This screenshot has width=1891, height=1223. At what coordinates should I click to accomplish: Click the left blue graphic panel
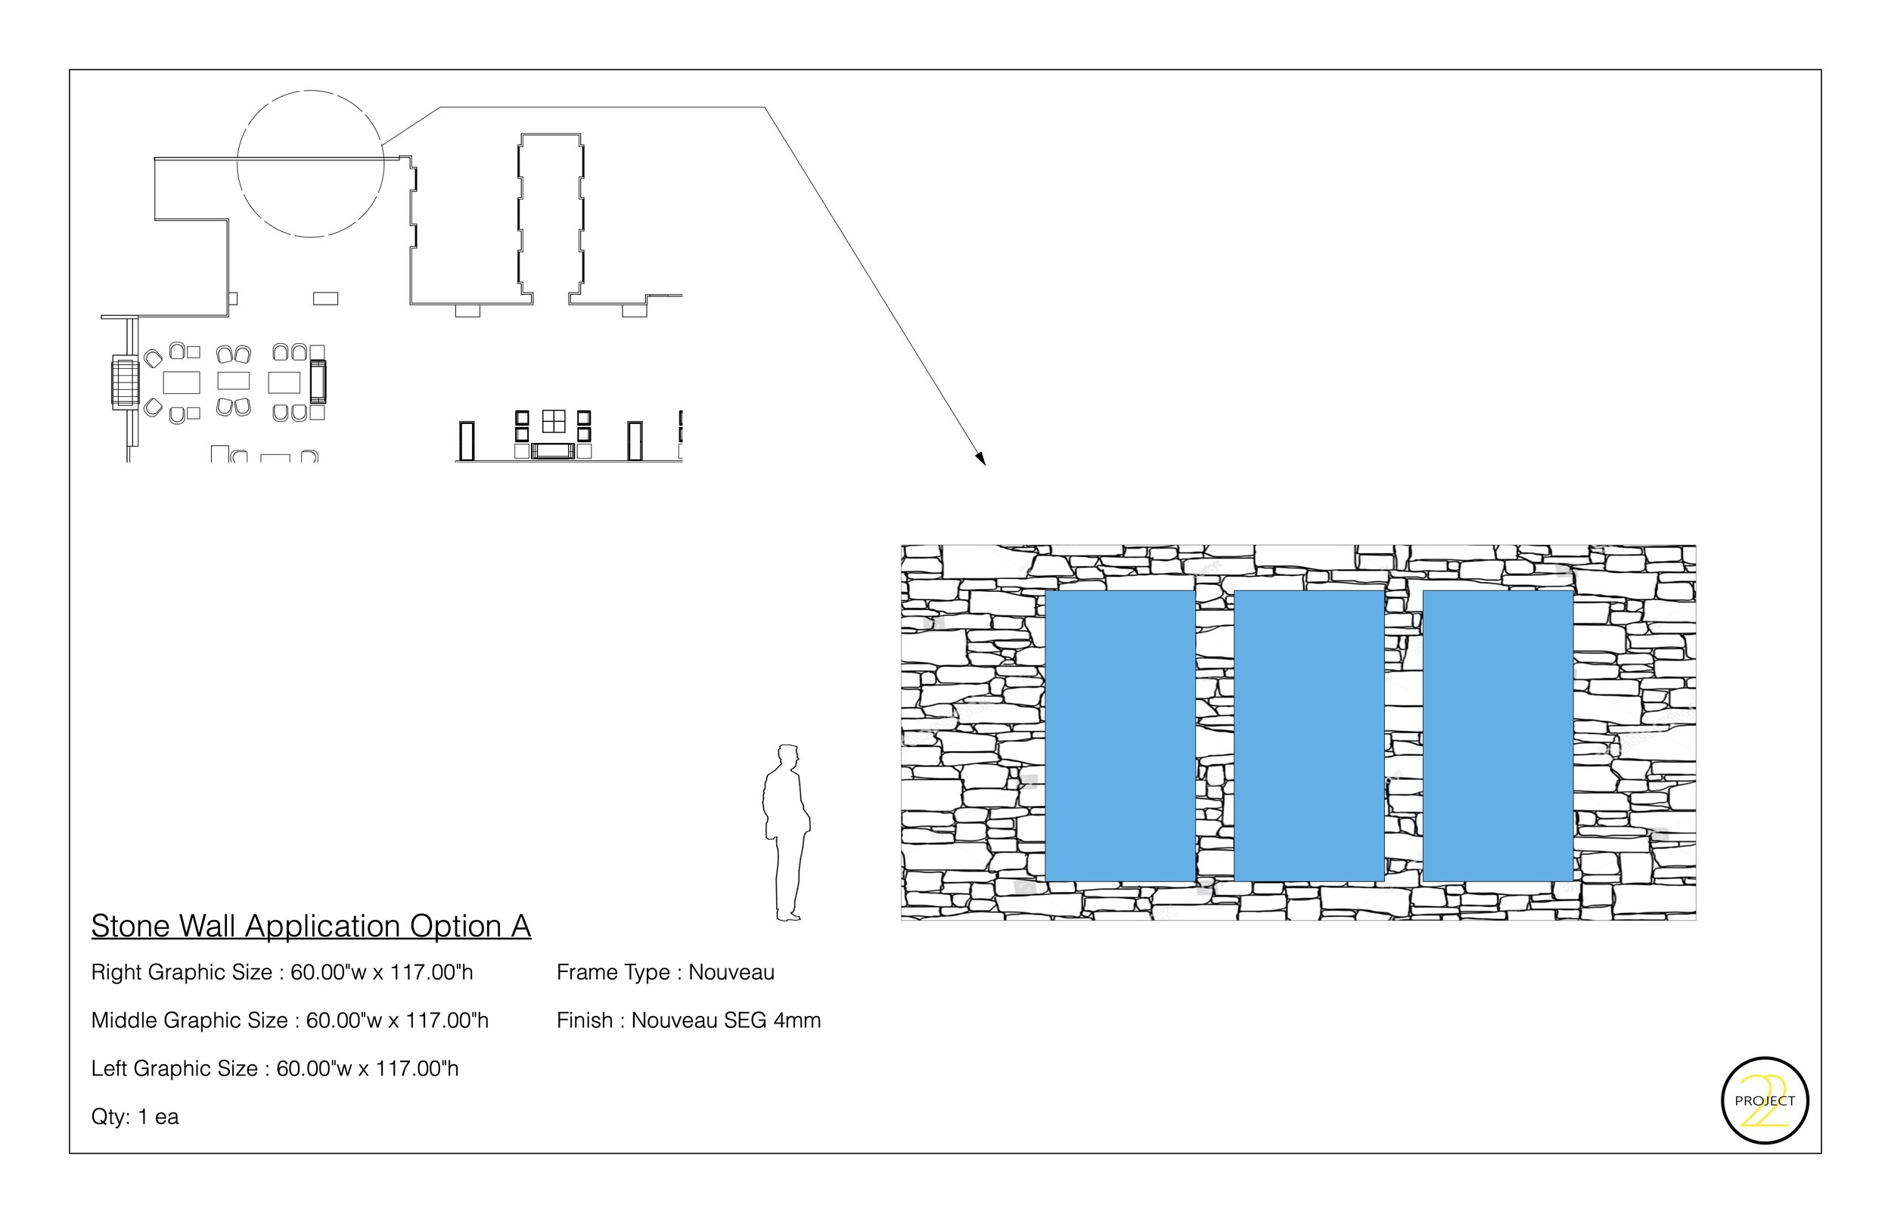coord(1120,735)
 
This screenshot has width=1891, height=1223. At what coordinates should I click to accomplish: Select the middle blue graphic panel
coord(1309,735)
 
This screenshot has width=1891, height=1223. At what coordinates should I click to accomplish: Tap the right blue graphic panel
coord(1498,735)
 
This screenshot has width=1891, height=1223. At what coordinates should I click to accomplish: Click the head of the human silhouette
coord(787,756)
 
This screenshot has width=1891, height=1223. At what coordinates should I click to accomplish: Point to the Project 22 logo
coord(1765,1101)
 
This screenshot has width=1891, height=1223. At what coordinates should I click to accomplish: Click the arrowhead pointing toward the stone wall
coord(981,458)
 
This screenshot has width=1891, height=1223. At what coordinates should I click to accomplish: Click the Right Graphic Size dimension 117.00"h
coord(430,972)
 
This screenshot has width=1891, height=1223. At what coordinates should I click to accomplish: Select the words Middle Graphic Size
coord(190,1020)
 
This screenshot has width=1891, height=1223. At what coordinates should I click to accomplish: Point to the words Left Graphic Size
coord(175,1069)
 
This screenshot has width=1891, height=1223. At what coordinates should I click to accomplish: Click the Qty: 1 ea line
coord(135,1117)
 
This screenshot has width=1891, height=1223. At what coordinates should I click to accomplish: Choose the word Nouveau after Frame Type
coord(731,972)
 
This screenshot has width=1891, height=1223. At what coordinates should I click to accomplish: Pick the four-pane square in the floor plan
coord(554,421)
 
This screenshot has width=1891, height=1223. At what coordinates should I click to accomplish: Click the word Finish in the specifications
coord(585,1020)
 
